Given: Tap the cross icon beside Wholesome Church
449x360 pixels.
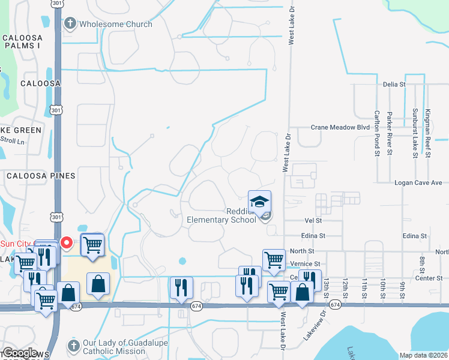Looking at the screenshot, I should tap(70, 24).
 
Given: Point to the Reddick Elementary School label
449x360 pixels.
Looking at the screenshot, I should tap(222, 215).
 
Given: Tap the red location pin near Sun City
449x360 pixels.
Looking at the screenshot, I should tap(67, 243).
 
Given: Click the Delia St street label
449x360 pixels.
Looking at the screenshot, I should tap(394, 85).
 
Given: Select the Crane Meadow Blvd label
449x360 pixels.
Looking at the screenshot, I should tap(340, 127).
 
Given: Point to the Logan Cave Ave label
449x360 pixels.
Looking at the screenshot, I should tap(418, 182).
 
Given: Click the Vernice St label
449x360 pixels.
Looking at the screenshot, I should tap(305, 264).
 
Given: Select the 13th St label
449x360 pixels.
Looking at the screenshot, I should tap(327, 286).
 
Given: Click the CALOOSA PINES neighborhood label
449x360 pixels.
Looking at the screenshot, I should tap(41, 176).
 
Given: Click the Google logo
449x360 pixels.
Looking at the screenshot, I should tap(20, 353).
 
